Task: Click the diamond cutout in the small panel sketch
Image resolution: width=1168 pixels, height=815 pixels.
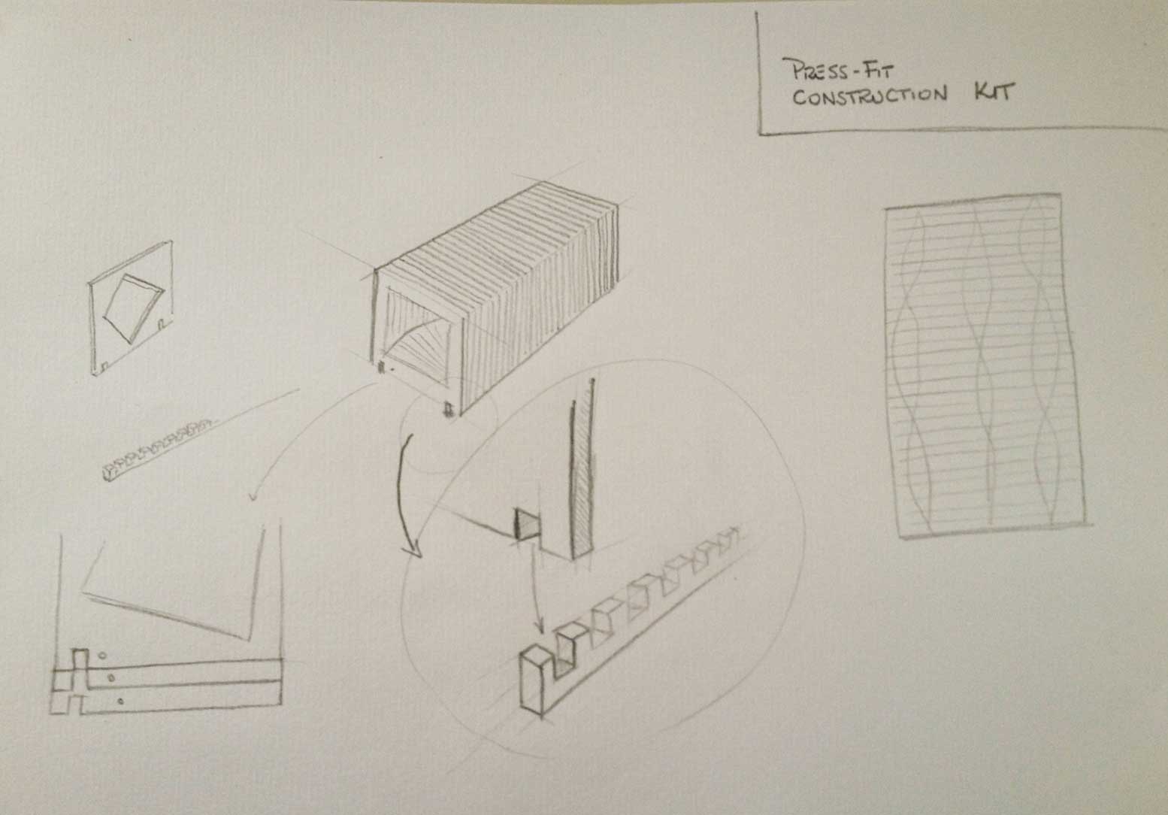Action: coord(134,308)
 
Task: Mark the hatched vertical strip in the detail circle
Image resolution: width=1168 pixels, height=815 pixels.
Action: coord(583,469)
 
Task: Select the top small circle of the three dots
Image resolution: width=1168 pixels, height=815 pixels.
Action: coord(103,656)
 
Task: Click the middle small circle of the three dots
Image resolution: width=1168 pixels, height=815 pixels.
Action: coord(110,678)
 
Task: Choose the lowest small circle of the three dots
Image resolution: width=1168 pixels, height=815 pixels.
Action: coord(120,701)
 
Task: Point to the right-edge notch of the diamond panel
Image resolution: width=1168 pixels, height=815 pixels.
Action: coord(162,324)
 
